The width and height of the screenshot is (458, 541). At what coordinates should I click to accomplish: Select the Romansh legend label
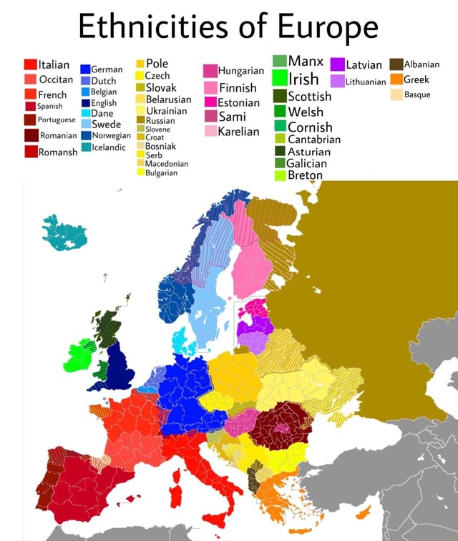[x=58, y=152]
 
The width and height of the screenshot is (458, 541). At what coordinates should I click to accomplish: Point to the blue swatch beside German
[x=85, y=69]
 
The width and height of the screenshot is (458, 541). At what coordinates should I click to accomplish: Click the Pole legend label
[x=157, y=64]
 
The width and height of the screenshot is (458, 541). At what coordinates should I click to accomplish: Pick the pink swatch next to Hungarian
[x=210, y=71]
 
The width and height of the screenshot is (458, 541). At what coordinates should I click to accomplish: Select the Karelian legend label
[x=239, y=132]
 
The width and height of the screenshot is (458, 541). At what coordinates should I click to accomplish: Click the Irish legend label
[x=304, y=79]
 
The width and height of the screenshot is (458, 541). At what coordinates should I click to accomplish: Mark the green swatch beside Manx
[x=279, y=61]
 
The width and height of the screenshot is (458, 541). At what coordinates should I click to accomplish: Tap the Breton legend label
[x=304, y=175]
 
